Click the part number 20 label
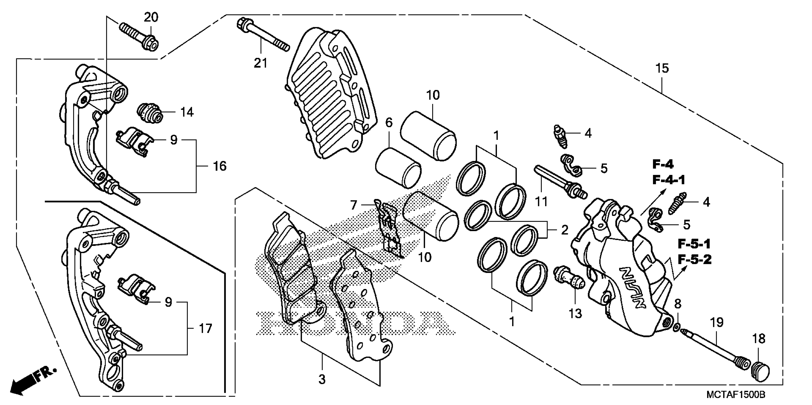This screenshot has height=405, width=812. (x=151, y=17)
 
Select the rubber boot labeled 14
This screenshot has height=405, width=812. (x=150, y=113)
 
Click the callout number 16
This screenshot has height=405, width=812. (x=220, y=166)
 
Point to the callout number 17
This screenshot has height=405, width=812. (x=205, y=329)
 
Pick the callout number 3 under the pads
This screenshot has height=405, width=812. (x=322, y=380)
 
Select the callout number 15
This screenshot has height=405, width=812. (x=662, y=68)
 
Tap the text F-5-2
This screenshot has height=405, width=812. (x=695, y=260)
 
